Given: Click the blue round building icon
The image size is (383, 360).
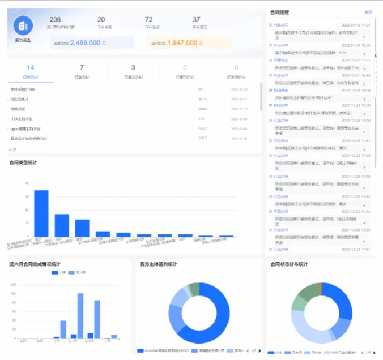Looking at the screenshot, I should click(24, 25).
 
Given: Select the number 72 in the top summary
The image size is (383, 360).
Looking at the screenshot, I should click(148, 19).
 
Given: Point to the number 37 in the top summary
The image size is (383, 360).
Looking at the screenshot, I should click(197, 19).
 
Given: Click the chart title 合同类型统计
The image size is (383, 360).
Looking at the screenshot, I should click(23, 163).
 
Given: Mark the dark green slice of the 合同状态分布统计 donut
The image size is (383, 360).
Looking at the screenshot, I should click(309, 290).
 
